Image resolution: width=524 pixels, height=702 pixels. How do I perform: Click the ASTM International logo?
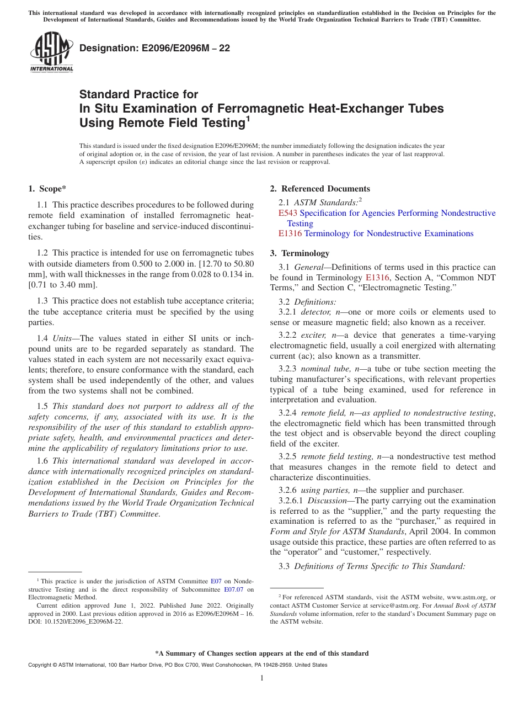51,53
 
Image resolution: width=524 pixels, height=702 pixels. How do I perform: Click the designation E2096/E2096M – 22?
155,48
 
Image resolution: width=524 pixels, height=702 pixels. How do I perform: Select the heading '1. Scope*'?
47,189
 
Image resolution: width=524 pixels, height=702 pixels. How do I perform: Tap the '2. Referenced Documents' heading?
320,189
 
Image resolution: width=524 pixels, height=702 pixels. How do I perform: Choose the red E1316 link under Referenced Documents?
290,233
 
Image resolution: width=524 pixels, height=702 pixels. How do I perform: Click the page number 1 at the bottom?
262,678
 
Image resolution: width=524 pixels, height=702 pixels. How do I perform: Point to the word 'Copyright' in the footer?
41,665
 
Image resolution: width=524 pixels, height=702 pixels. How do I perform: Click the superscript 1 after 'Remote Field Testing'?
248,119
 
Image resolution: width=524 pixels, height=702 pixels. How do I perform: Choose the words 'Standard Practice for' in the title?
139,94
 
